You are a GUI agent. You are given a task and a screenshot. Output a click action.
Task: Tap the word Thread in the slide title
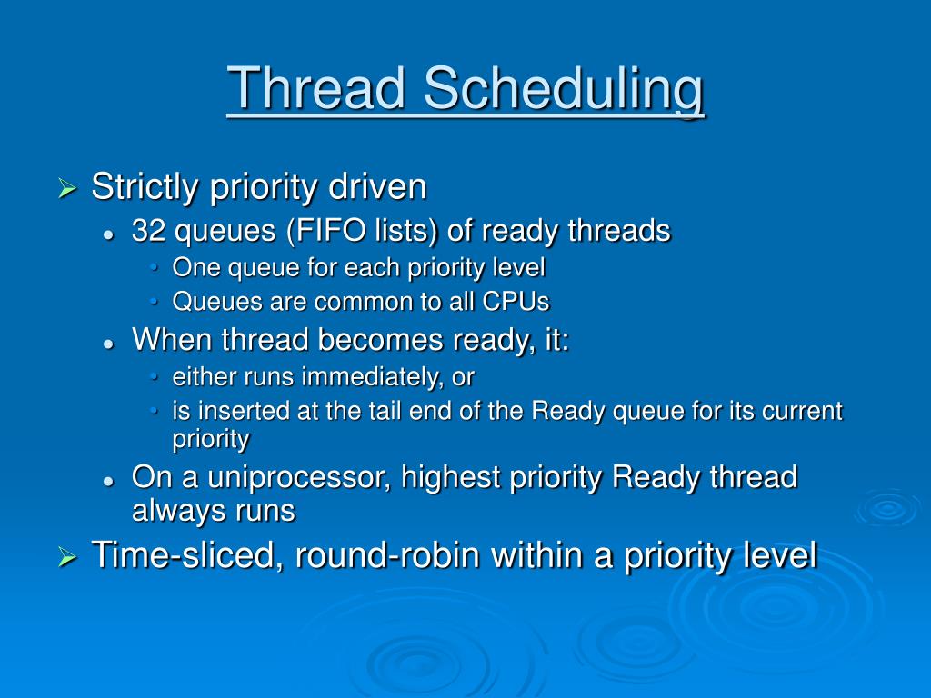point(316,88)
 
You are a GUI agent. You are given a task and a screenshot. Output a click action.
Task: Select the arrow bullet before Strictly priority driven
point(67,189)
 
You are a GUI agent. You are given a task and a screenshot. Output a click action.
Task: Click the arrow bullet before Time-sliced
point(67,557)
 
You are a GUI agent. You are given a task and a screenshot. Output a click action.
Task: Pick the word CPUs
point(516,302)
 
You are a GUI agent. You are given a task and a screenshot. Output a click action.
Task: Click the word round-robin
point(387,555)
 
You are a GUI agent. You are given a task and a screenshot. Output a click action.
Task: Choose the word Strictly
point(145,187)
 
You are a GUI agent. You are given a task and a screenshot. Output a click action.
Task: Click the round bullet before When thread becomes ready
point(108,344)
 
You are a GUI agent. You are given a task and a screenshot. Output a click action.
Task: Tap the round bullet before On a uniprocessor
point(108,481)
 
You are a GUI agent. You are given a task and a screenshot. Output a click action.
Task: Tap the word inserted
point(244,411)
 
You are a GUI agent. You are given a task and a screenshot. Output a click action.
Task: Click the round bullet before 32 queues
point(108,234)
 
